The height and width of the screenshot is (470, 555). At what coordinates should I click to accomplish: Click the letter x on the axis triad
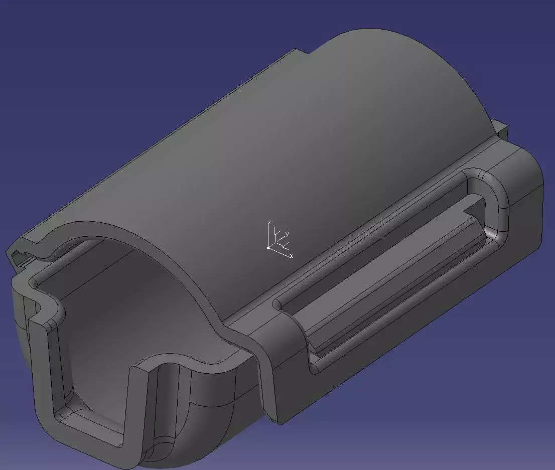291,256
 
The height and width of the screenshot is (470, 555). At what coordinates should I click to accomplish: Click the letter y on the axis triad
287,234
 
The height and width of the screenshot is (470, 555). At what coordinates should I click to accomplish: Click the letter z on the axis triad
269,222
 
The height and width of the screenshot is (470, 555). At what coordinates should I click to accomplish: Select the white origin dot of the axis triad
268,247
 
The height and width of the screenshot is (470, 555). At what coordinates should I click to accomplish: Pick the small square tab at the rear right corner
501,128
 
